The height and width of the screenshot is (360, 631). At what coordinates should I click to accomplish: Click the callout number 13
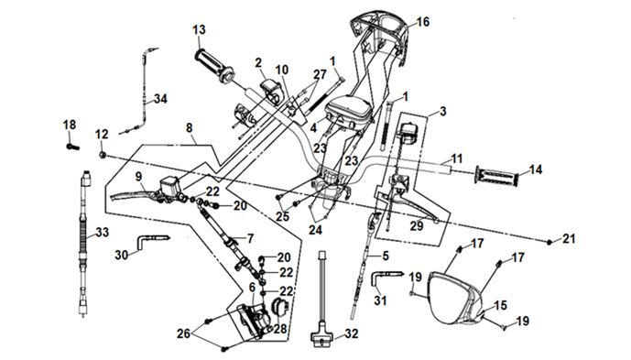[199, 30]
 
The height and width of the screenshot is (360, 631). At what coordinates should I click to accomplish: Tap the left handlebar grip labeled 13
[214, 66]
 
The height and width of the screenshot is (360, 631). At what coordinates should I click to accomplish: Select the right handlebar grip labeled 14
[495, 177]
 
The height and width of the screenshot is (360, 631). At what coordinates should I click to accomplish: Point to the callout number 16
[422, 22]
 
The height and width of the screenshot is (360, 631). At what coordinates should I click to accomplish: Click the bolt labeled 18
[73, 147]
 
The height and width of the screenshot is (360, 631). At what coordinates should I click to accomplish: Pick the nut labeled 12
[103, 154]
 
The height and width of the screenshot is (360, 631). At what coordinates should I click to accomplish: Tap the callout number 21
[569, 239]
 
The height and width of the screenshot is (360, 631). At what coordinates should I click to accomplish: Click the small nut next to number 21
[549, 242]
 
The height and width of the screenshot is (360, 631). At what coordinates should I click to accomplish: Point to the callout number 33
[103, 232]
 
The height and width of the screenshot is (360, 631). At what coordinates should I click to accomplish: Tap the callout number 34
[160, 99]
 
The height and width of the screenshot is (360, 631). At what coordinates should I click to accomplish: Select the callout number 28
[280, 329]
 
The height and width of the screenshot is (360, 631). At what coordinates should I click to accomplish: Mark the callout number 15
[500, 305]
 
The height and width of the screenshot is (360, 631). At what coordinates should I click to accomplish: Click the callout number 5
[386, 256]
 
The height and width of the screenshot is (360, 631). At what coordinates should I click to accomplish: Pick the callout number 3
[442, 111]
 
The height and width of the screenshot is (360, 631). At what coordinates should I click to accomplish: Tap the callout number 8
[190, 128]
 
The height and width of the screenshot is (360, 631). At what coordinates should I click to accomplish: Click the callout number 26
[184, 333]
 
